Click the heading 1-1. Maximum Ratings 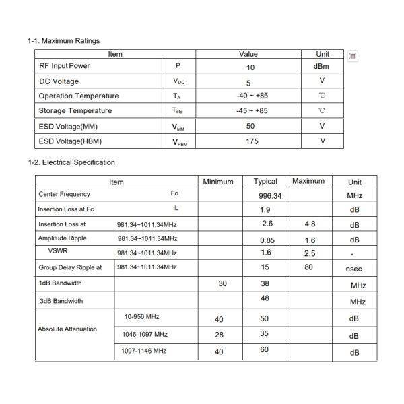pyautogui.click(x=63, y=41)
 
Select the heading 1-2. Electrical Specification pyautogui.click(x=71, y=162)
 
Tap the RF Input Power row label pyautogui.click(x=64, y=66)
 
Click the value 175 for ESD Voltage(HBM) pyautogui.click(x=250, y=141)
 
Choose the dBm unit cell pyautogui.click(x=321, y=66)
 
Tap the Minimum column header pyautogui.click(x=218, y=182)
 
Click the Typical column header pyautogui.click(x=265, y=182)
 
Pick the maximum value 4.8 pyautogui.click(x=310, y=224)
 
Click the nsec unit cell pyautogui.click(x=353, y=268)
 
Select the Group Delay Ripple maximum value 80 pyautogui.click(x=309, y=267)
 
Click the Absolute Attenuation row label pyautogui.click(x=67, y=329)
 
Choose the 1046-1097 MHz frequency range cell pyautogui.click(x=145, y=334)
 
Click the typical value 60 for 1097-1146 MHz pyautogui.click(x=264, y=349)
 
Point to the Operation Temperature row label pyautogui.click(x=78, y=96)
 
